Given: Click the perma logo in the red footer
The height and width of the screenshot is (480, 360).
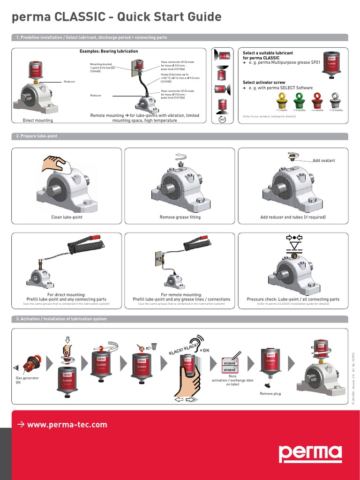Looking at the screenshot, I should tap(310, 453).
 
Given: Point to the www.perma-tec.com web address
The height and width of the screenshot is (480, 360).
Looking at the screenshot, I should tap(67, 425).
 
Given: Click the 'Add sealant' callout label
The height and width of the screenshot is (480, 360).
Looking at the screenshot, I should tap(324, 160).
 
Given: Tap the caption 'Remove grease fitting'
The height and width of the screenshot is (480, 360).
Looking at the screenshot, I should tap(180, 217).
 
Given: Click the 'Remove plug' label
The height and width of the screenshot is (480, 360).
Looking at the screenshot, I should tap(270, 394).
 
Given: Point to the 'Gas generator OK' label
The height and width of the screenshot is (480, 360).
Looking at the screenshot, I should tap(28, 380).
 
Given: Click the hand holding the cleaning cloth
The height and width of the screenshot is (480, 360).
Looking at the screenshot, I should tap(55, 164).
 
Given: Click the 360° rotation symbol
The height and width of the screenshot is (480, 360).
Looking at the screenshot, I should tap(223, 120).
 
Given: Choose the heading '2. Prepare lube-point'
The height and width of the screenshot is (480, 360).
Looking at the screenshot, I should tap(37, 136).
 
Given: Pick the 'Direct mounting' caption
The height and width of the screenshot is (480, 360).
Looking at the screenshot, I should tap(37, 120).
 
